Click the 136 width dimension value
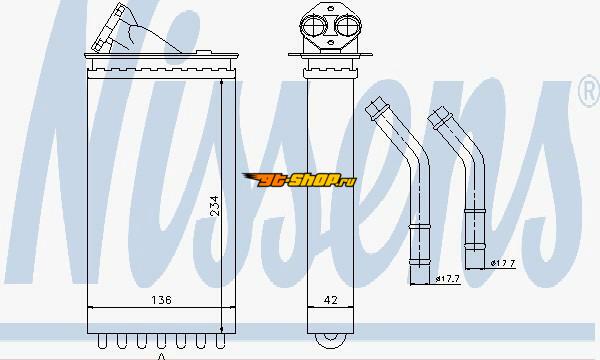pos(161,300)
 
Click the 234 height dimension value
pos(215,206)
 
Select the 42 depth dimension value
pos(331,300)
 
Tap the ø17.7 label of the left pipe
pos(447,279)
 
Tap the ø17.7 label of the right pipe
pos(503,263)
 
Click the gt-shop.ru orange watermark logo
pos(299,179)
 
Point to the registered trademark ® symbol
pos(589,90)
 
